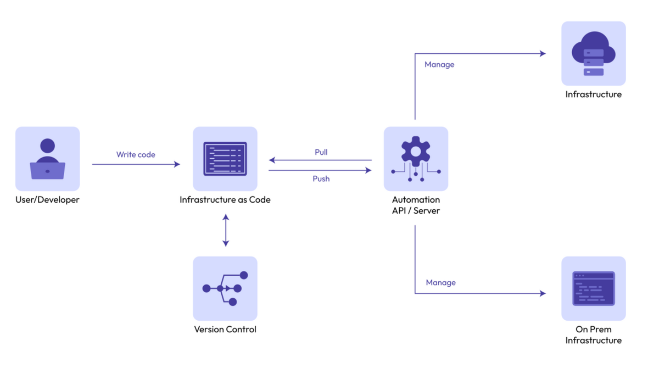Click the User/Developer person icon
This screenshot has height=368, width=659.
[x=47, y=159]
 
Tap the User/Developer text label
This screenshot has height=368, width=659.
[x=47, y=200]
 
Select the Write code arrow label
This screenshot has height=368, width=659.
[x=136, y=155]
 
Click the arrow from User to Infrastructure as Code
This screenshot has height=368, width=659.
[x=136, y=164]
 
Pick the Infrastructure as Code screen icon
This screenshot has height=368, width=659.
[x=225, y=159]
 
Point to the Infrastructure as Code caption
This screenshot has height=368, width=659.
[x=225, y=200]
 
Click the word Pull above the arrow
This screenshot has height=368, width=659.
[x=321, y=152]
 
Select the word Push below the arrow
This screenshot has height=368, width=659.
[x=321, y=179]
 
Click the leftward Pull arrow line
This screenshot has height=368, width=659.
[x=320, y=160]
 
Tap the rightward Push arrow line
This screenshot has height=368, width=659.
[x=320, y=170]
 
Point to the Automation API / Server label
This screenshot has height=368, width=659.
[x=416, y=205]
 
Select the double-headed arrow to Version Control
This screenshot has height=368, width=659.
[x=226, y=231]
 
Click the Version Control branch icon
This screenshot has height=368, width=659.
[x=225, y=288]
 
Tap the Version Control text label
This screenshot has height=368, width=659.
[x=225, y=330]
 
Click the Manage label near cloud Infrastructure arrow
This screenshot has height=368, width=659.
[x=439, y=65]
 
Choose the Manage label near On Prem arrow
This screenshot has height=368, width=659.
[x=440, y=283]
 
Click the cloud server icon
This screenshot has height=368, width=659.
[x=593, y=54]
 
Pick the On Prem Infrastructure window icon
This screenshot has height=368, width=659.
[x=593, y=288]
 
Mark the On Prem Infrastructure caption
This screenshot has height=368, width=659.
[x=593, y=335]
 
